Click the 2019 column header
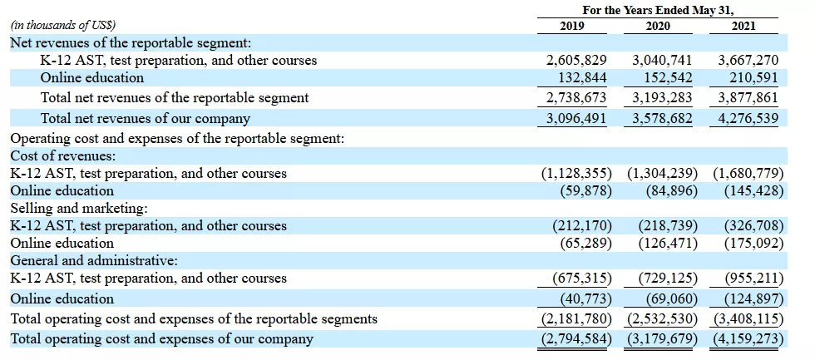(x=572, y=26)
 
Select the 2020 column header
(x=658, y=26)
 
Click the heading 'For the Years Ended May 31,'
(x=657, y=9)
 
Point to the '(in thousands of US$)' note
(x=63, y=26)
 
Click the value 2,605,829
(x=576, y=61)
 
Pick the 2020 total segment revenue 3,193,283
(x=662, y=98)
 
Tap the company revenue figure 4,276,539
(x=748, y=119)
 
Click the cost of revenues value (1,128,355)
(x=576, y=174)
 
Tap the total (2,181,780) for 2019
(x=576, y=318)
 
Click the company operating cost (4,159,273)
(x=747, y=339)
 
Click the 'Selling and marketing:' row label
(x=75, y=208)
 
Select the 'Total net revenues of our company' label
(x=145, y=119)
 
